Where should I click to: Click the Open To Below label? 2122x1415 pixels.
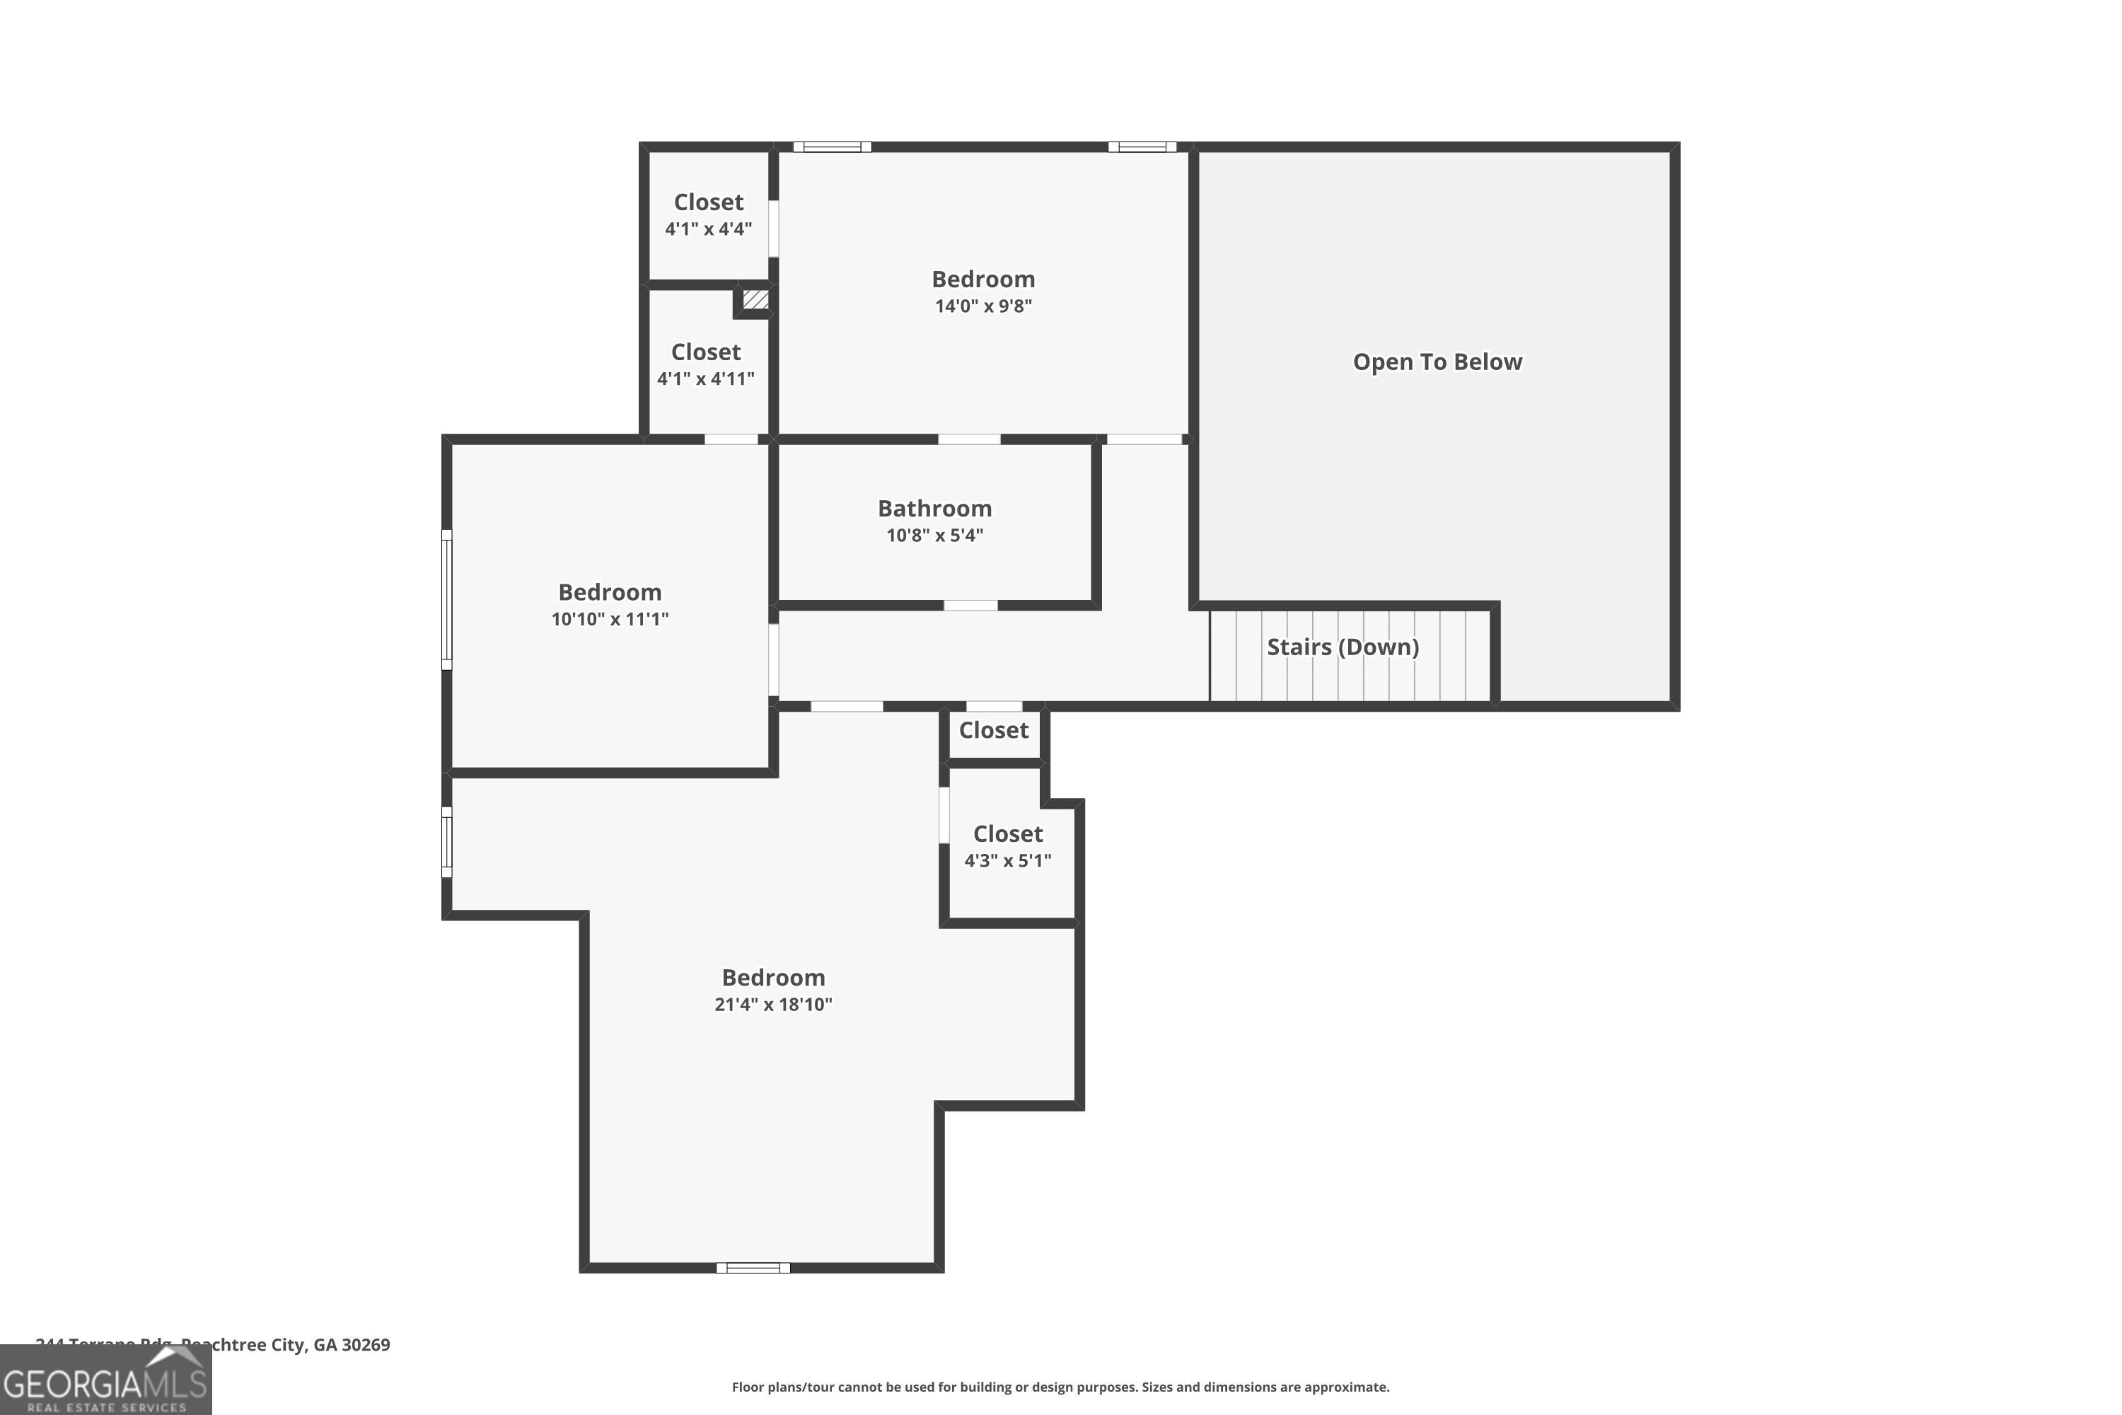[1437, 362]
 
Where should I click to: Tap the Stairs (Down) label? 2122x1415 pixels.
[1343, 647]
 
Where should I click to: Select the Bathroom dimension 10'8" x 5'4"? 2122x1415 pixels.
[934, 535]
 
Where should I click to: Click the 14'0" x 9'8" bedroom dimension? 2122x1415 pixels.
[982, 306]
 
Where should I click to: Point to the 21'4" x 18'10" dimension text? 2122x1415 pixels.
[773, 1005]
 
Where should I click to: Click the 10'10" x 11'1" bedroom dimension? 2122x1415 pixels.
[610, 619]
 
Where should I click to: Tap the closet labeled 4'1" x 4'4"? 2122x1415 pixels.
[708, 215]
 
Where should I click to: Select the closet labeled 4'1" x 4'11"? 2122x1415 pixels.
[705, 364]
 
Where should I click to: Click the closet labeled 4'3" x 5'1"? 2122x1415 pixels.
[1008, 846]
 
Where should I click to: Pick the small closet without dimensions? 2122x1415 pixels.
[993, 730]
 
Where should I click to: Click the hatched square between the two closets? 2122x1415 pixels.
[755, 299]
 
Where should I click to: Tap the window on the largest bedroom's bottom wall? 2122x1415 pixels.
[753, 1268]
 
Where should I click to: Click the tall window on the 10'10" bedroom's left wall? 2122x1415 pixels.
[446, 599]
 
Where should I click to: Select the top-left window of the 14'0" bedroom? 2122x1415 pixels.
[832, 147]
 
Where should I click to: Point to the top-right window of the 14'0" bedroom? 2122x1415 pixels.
[1142, 147]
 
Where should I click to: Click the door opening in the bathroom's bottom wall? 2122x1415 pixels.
[970, 606]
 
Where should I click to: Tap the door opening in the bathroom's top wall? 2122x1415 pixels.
[969, 439]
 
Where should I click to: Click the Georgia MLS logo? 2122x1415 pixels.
[105, 1381]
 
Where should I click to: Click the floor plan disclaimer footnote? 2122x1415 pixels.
[1060, 1387]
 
